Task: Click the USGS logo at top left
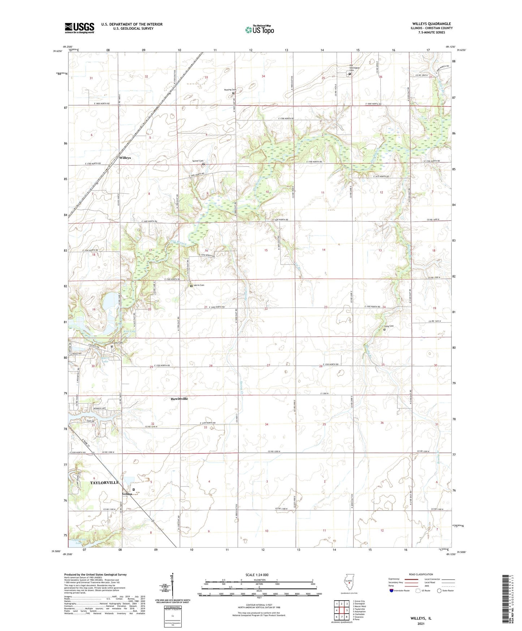[x=79, y=28]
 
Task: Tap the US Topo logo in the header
[x=259, y=30]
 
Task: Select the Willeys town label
[x=125, y=158]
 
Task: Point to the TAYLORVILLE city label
[x=104, y=482]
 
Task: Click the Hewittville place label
[x=179, y=399]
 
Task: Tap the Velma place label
[x=127, y=494]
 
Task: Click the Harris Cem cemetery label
[x=199, y=285]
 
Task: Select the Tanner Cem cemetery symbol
[x=203, y=164]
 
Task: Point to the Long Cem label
[x=389, y=326]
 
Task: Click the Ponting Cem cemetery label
[x=230, y=90]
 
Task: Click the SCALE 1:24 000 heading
[x=257, y=575]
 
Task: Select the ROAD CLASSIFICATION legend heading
[x=420, y=574]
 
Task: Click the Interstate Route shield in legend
[x=392, y=591]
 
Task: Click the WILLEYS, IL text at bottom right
[x=421, y=618]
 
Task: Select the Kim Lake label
[x=129, y=331]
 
